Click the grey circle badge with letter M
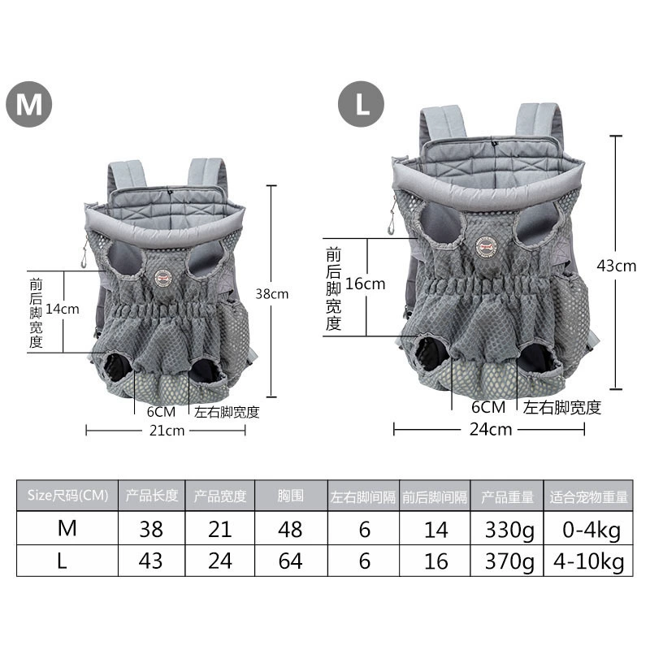[x=29, y=104]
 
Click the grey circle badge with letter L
[x=361, y=104]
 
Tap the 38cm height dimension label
[x=272, y=294]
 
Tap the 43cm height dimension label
[x=617, y=266]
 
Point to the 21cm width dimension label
[x=167, y=431]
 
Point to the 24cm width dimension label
[x=491, y=430]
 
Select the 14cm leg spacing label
[x=63, y=309]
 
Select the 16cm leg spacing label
[x=365, y=284]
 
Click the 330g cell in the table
[x=506, y=528]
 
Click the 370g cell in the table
[x=506, y=561]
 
